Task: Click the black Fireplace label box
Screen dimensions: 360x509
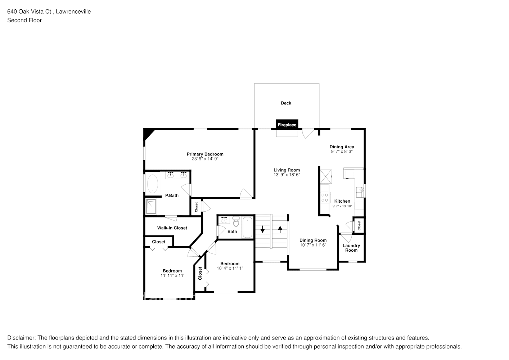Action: [287, 125]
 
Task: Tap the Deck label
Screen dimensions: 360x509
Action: [286, 103]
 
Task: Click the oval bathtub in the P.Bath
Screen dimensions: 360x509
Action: [152, 184]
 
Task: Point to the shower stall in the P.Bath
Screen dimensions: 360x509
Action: [151, 206]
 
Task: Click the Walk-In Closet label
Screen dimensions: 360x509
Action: [172, 228]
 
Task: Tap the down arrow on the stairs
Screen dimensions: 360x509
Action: [262, 229]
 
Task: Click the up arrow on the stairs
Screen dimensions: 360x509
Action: [280, 229]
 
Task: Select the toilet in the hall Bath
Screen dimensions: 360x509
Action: [236, 222]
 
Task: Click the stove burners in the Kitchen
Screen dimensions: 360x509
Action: [325, 197]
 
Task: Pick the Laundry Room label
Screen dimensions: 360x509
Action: [351, 248]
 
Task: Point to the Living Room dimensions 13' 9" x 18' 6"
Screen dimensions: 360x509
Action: [287, 175]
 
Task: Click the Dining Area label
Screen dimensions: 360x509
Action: [342, 147]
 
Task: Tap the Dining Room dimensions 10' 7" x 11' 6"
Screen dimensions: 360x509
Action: [313, 245]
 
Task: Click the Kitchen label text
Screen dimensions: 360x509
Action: [342, 201]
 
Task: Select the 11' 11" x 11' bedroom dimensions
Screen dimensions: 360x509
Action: [172, 275]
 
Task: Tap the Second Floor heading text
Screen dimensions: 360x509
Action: [24, 20]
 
